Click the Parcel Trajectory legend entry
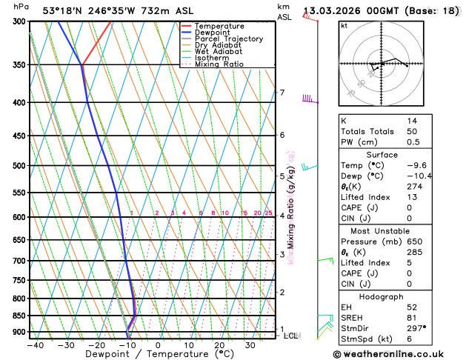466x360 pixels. point(228,39)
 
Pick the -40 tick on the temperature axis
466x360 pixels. point(35,345)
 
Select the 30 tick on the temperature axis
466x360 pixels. point(250,345)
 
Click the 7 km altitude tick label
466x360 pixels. point(282,93)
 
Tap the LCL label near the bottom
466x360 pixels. point(291,336)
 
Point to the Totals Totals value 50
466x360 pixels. point(412,131)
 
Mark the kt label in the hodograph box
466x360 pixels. point(344,25)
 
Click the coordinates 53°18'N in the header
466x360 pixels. point(63,11)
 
